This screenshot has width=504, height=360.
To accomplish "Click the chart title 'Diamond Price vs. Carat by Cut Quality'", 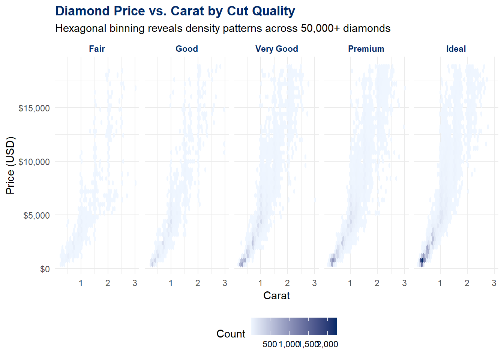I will [175, 11].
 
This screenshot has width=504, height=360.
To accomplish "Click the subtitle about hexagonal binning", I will [223, 28].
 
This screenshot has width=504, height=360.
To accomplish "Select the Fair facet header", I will [97, 49].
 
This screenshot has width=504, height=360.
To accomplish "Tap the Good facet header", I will [187, 49].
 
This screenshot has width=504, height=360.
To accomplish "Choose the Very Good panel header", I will [277, 49].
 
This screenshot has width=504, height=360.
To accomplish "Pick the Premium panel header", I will [366, 49].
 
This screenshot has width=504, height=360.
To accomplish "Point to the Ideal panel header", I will [456, 49].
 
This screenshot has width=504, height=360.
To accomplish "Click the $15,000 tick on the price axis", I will [34, 108].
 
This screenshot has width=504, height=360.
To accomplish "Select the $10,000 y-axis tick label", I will [34, 162].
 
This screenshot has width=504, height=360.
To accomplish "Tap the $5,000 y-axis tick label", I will [36, 216].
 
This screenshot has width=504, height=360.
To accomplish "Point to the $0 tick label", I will [45, 269].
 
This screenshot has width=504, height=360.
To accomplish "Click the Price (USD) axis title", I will [10, 165].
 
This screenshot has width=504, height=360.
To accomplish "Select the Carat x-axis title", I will [277, 295].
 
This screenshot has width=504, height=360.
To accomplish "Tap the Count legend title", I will [231, 334].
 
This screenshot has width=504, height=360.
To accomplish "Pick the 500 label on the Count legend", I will [270, 344].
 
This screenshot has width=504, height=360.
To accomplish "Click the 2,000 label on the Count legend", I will [328, 344].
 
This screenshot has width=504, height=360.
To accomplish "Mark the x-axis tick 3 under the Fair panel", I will [135, 283].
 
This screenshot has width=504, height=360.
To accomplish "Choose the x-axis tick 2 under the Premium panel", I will [377, 283].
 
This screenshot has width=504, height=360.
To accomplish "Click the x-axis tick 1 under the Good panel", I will [171, 283].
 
